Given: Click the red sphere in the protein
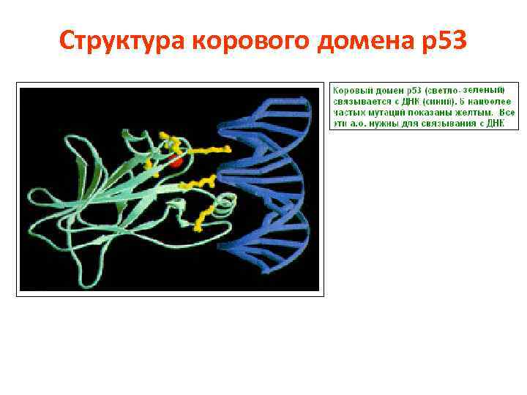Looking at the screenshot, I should [x=176, y=160].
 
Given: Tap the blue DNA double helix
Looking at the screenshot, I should [x=271, y=183].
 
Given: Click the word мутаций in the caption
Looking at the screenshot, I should [x=382, y=113].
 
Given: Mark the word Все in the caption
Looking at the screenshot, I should [x=508, y=113].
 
